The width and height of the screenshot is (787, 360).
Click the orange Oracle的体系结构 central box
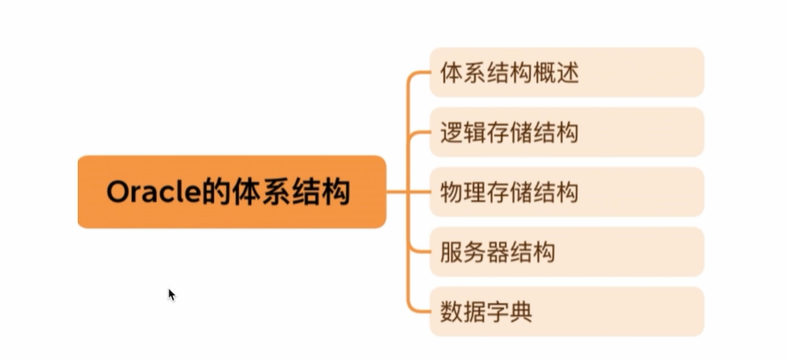point(232,192)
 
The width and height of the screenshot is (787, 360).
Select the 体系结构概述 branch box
point(566,73)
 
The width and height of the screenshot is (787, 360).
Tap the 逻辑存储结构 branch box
point(566,132)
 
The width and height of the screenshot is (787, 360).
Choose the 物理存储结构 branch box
point(566,192)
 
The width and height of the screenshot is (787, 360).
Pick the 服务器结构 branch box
point(566,251)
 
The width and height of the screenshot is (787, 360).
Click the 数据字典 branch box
point(566,311)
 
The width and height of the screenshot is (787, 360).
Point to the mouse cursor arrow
point(171,293)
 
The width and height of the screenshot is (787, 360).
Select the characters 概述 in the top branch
point(555,73)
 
